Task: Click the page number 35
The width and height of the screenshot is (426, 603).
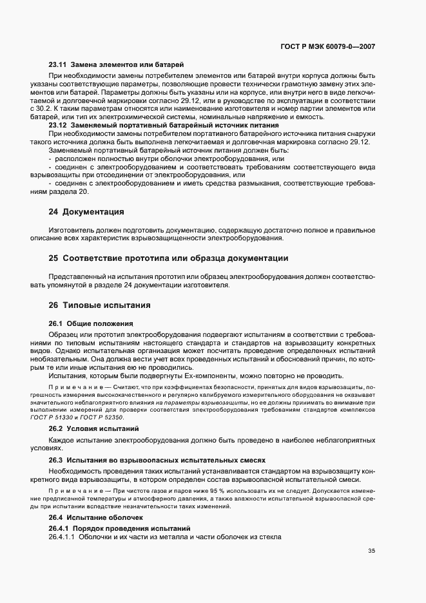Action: click(372, 551)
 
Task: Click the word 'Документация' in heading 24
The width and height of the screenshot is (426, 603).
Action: click(94, 211)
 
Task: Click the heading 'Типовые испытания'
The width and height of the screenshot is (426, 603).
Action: click(100, 305)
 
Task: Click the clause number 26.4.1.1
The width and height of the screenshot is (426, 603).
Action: click(62, 537)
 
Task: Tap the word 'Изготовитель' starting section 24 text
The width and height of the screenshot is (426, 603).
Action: click(70, 230)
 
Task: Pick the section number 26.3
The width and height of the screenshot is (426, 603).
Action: click(57, 461)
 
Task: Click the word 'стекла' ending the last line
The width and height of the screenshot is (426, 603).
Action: click(271, 537)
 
